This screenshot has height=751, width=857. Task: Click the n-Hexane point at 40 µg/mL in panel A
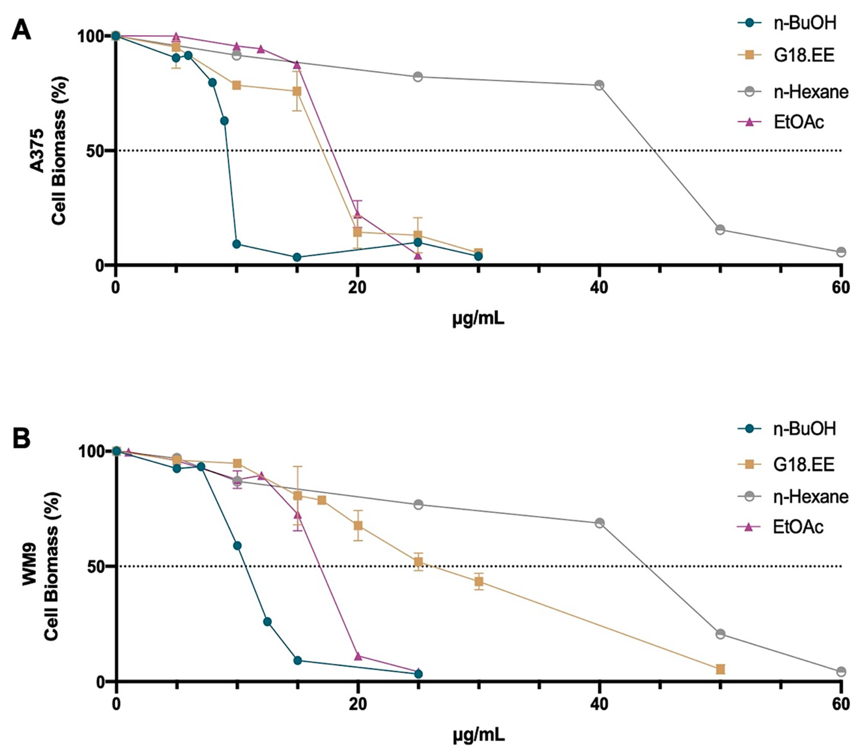tap(599, 85)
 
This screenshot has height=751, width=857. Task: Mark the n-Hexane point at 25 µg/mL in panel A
tap(418, 77)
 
